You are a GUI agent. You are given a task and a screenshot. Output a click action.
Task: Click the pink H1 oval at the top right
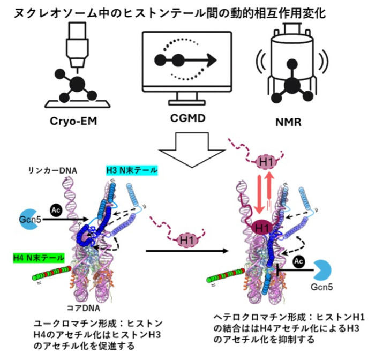point(263,161)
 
